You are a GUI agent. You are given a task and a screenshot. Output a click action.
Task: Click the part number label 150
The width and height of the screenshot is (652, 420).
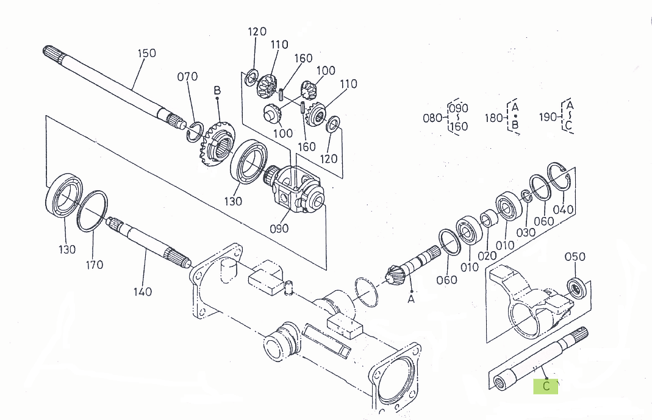coord(146,53)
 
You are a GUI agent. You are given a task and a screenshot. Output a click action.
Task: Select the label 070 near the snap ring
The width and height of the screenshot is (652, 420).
coord(187,77)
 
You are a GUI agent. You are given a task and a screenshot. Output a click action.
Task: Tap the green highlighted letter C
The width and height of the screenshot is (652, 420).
coord(546,386)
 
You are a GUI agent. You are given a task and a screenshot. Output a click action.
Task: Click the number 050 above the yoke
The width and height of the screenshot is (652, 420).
coord(575,256)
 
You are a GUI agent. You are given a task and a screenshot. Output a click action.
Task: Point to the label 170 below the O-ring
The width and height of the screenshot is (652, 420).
coord(95,265)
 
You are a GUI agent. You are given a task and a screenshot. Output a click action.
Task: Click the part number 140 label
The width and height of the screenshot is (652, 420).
coord(143,291)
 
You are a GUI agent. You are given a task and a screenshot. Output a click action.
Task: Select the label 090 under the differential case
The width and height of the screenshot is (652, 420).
coord(279,229)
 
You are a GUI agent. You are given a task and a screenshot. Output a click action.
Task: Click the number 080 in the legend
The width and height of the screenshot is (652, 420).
coord(432,118)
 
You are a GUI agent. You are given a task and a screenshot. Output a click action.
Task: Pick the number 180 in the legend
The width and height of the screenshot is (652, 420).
coord(493,118)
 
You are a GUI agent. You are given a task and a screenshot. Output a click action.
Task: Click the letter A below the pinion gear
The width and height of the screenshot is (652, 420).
coord(411,299)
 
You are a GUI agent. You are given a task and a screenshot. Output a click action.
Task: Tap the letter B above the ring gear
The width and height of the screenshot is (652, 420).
coord(217,91)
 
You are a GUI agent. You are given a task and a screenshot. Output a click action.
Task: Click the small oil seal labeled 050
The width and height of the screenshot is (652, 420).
coord(577,286)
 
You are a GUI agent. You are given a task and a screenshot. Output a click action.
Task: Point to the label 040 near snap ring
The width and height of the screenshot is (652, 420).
coord(563,210)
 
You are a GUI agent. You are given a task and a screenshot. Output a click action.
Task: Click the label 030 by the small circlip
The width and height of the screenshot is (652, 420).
coord(526,232)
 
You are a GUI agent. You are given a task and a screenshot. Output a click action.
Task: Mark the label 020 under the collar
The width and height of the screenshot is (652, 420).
coord(487,256)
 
